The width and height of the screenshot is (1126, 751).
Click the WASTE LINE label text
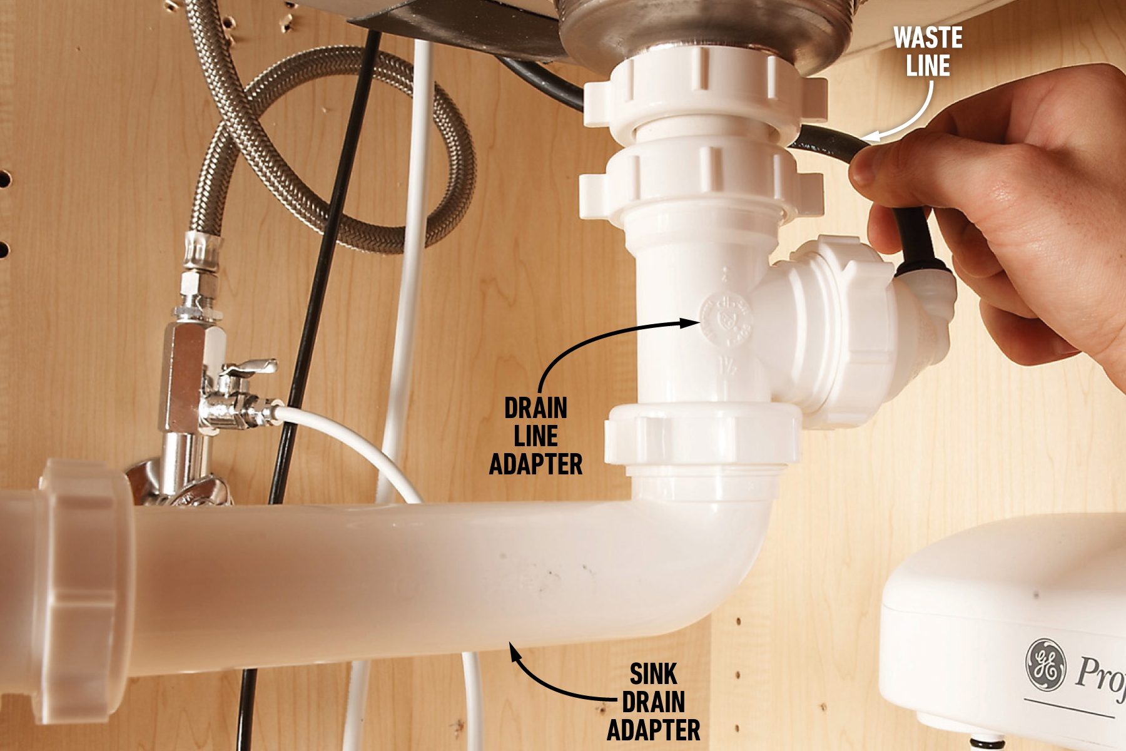click(x=928, y=52)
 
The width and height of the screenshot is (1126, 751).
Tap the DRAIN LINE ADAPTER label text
click(x=535, y=436)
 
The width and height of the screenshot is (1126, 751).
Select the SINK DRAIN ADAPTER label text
click(x=654, y=702)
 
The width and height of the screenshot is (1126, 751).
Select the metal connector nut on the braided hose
click(x=202, y=251)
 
